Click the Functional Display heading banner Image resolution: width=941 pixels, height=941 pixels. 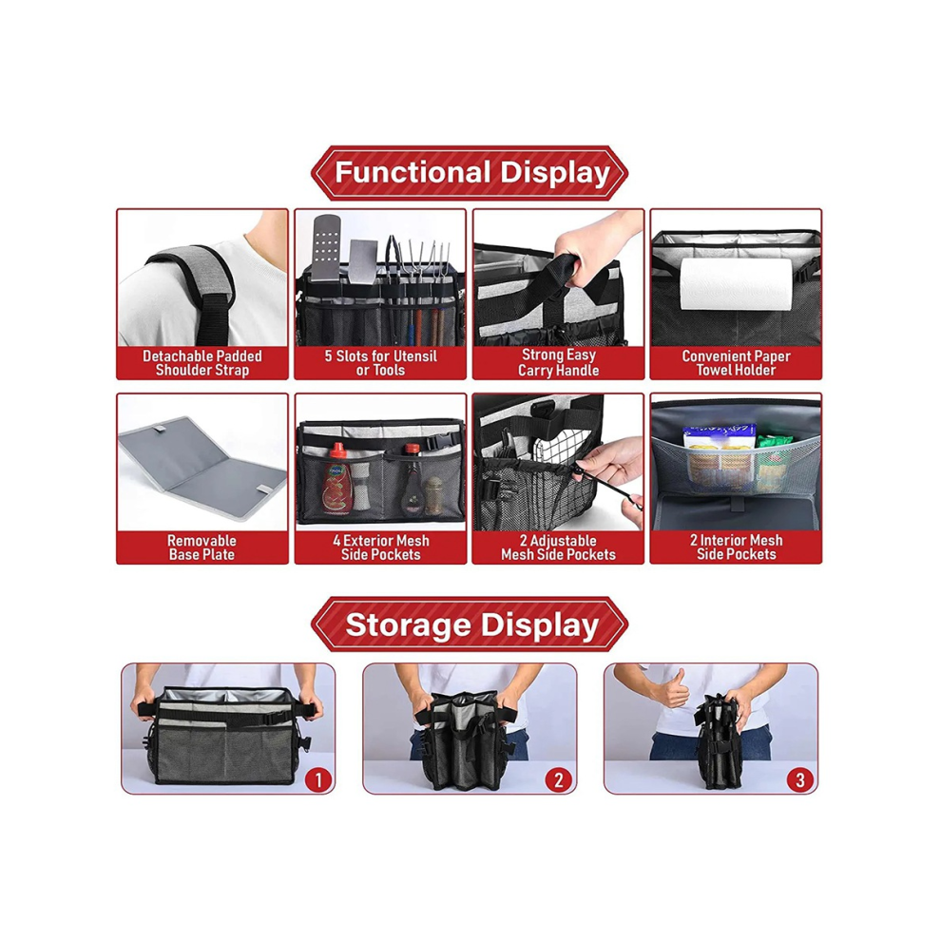click(470, 173)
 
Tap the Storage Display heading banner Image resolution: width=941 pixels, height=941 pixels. click(470, 624)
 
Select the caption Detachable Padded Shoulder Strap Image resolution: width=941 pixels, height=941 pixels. click(202, 363)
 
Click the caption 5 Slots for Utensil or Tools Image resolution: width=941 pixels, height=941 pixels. click(380, 363)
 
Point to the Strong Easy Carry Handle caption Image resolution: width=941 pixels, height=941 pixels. click(558, 362)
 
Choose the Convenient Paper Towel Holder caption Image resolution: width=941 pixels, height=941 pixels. click(736, 363)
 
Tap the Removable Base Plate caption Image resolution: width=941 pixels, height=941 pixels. click(202, 547)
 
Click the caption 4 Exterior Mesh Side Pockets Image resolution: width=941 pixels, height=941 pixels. click(380, 547)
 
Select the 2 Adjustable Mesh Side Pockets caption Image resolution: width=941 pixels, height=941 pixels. click(558, 547)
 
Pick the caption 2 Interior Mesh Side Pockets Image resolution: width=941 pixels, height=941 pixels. click(736, 547)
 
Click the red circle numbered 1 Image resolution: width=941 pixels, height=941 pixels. click(318, 779)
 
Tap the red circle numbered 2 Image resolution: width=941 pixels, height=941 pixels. click(559, 779)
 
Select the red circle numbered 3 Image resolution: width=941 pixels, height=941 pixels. click(800, 779)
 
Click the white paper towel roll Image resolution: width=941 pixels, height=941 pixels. click(736, 284)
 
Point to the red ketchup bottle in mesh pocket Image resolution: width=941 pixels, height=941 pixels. click(337, 479)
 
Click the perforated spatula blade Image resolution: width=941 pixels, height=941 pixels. click(326, 247)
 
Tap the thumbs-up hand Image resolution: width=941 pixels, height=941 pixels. click(671, 689)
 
